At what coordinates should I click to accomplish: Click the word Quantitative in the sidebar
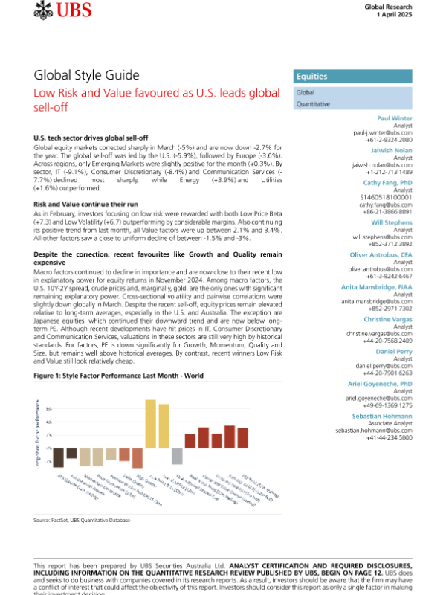[314, 105]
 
